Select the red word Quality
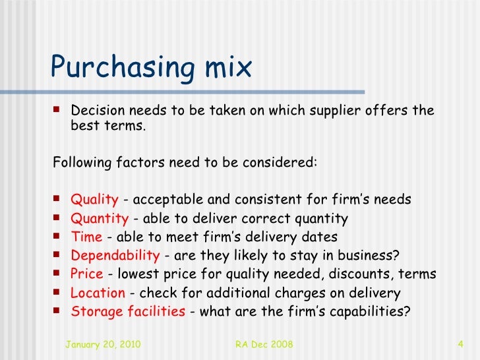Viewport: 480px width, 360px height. [94, 199]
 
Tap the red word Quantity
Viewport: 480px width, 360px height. [100, 218]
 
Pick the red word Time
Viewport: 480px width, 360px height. [86, 237]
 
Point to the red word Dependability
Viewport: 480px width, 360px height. [115, 255]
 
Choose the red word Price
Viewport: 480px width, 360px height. [87, 274]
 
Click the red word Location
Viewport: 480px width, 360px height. [98, 293]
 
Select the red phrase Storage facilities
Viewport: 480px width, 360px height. [128, 311]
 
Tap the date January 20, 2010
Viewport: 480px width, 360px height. [103, 344]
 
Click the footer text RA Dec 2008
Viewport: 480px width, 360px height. [264, 344]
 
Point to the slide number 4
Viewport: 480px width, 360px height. [461, 344]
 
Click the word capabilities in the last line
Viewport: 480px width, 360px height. [371, 311]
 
